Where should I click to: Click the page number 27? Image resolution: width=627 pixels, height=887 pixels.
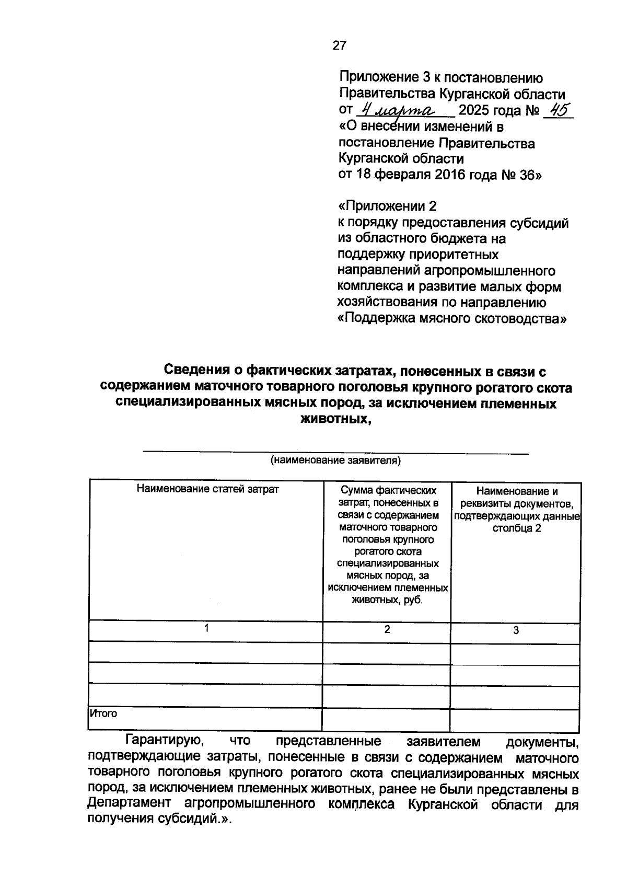click(339, 46)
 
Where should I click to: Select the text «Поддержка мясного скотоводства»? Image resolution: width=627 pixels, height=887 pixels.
click(452, 318)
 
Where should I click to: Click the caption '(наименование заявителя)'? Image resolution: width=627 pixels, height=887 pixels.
click(335, 460)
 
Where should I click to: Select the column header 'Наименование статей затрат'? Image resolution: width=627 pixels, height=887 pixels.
click(207, 489)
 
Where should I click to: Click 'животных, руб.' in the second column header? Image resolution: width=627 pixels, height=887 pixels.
click(387, 600)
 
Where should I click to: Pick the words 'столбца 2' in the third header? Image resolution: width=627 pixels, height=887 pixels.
click(516, 528)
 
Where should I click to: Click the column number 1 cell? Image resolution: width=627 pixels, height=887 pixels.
click(207, 629)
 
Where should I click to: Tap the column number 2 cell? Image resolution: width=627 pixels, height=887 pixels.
click(387, 630)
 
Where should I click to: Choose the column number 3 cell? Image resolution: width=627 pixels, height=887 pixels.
click(516, 631)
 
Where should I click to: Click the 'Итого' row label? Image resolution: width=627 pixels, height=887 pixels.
click(103, 713)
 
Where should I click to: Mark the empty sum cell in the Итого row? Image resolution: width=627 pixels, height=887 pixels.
click(386, 720)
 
